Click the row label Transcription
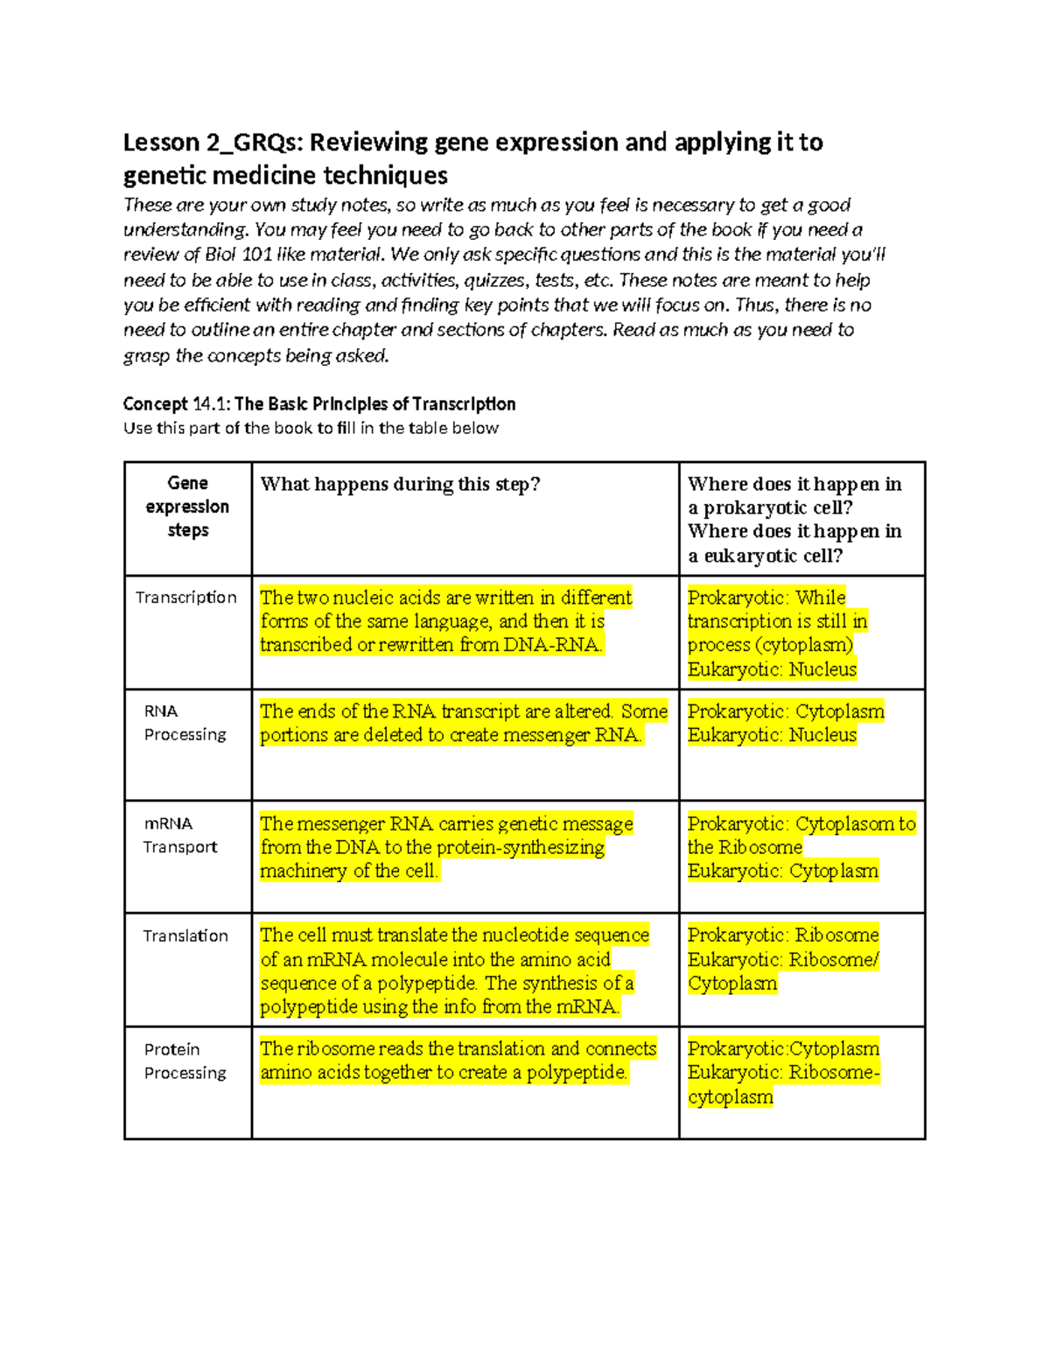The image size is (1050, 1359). (185, 598)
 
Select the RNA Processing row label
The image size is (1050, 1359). (185, 723)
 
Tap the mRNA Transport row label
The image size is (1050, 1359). (180, 836)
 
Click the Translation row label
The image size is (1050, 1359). (185, 936)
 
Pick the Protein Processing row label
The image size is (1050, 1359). (185, 1061)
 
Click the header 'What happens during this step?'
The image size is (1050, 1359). (400, 484)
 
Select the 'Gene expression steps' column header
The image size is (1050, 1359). (187, 507)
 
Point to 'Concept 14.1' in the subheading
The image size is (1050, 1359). (175, 404)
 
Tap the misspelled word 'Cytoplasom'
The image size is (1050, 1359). (844, 824)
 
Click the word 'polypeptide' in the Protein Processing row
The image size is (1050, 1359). (577, 1073)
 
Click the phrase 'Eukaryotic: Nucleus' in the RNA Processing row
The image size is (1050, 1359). (772, 735)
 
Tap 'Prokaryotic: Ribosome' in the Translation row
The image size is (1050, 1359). (783, 935)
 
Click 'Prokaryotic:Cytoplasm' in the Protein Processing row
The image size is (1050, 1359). (783, 1049)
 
